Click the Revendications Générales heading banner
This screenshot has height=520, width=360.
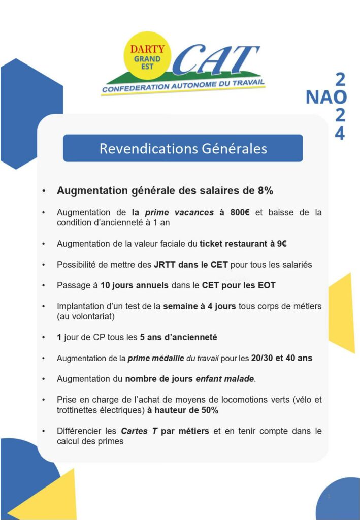(183, 148)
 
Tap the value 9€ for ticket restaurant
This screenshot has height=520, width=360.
(282, 244)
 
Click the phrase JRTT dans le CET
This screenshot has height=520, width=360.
(191, 265)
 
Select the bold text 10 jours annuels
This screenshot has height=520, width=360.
(135, 285)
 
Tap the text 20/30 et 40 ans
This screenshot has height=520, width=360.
(282, 358)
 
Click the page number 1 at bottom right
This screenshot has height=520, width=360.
(329, 496)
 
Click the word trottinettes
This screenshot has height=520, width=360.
(79, 410)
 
